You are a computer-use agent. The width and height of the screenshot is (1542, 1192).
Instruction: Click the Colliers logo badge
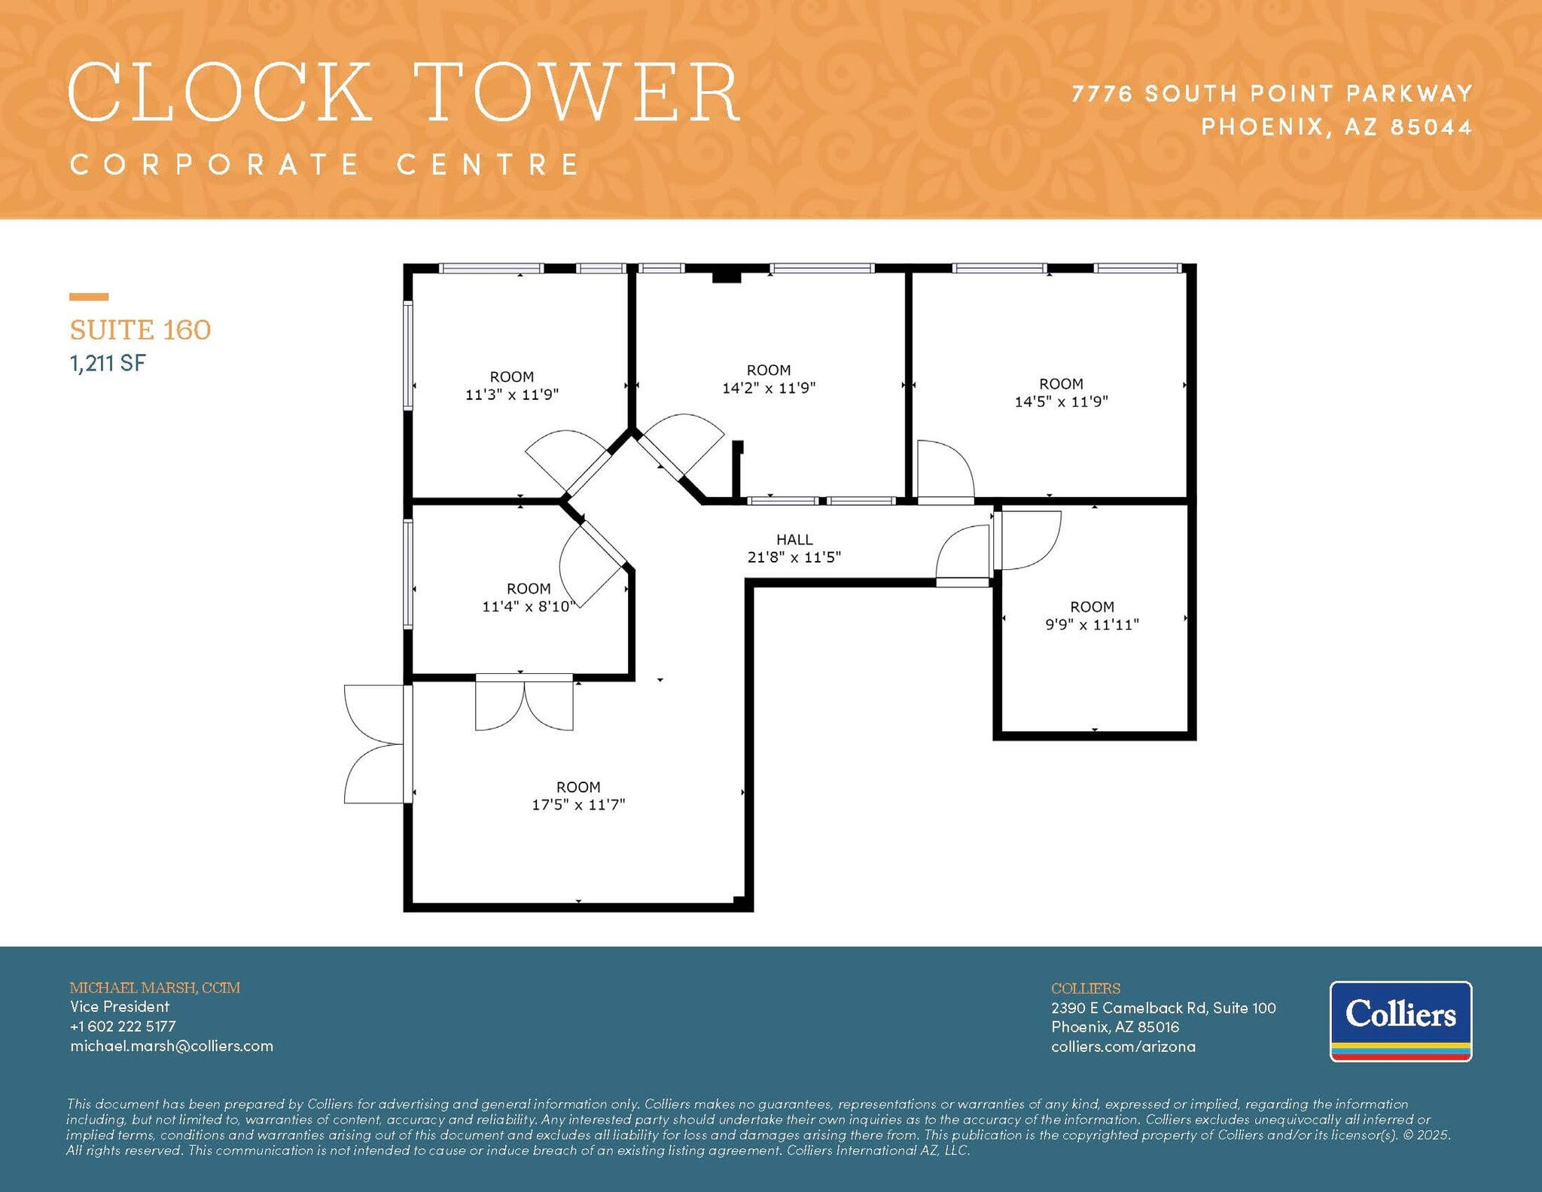pos(1400,1020)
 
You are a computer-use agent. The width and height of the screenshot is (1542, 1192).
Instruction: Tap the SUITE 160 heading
pos(140,330)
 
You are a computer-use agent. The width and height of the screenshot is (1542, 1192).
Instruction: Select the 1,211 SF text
pos(108,364)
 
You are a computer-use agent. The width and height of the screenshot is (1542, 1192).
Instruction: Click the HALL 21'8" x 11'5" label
pos(794,548)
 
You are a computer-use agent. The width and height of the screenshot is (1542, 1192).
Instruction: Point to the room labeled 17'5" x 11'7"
pos(578,796)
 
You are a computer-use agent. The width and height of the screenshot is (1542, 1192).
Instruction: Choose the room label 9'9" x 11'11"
pos(1092,615)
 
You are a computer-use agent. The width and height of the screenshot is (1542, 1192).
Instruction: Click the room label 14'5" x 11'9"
pos(1061,392)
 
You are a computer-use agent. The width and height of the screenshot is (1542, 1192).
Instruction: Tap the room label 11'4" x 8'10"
pos(528,597)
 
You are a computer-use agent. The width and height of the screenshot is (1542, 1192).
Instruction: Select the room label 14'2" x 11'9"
pos(769,379)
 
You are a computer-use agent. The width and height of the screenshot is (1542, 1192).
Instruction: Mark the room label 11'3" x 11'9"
pos(512,386)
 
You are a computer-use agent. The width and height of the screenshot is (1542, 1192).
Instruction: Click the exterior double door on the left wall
pos(374,744)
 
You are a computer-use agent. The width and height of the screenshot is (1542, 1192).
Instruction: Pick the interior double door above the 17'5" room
pos(524,704)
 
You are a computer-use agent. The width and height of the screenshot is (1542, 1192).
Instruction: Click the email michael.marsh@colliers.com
pos(172,1046)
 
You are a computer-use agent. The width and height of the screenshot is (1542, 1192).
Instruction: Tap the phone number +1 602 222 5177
pos(123,1026)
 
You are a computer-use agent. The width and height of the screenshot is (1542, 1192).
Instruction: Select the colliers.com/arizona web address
pos(1123,1047)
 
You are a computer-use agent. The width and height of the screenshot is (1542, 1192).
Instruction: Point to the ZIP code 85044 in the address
pos(1431,127)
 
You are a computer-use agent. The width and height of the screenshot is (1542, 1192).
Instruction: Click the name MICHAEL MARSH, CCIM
pos(154,987)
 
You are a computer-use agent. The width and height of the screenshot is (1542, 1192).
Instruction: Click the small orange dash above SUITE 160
pos(89,297)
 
